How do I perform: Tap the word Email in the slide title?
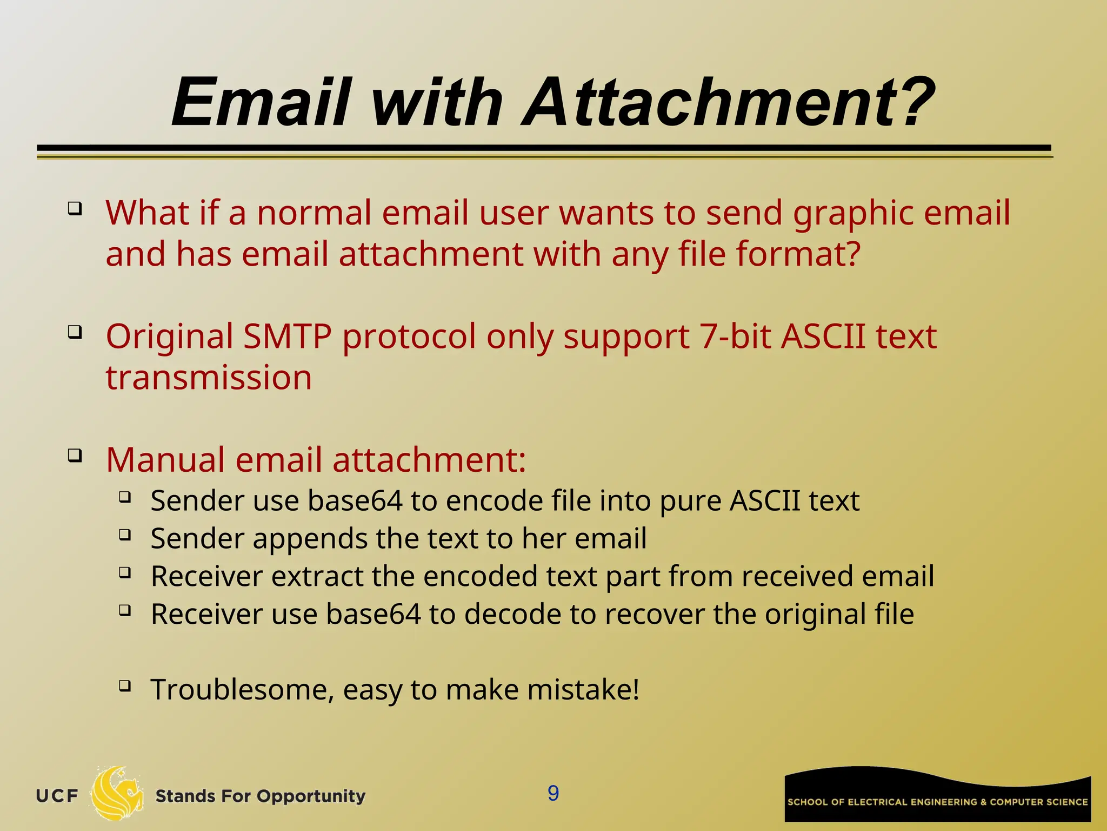(x=262, y=103)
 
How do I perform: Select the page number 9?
(x=553, y=793)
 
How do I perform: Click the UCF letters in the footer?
(x=57, y=796)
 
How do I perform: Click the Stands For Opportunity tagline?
(x=260, y=796)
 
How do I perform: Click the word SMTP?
(x=287, y=337)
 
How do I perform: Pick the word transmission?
(x=209, y=378)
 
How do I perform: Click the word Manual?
(x=165, y=460)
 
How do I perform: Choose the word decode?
(x=512, y=615)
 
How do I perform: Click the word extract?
(x=317, y=577)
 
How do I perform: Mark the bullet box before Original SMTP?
(x=75, y=331)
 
